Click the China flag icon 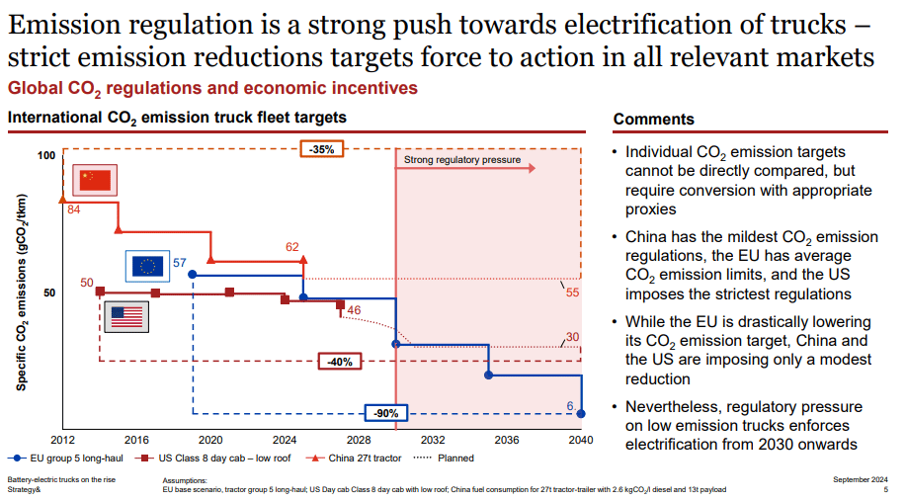tap(96, 180)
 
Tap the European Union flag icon tap(148, 266)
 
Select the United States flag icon tap(125, 316)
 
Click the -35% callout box tap(322, 149)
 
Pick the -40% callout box tap(339, 362)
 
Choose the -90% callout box tap(385, 413)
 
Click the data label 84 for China tap(74, 209)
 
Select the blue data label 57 tap(180, 262)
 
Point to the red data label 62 tap(291, 247)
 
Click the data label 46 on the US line tap(354, 311)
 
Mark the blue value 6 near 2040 tap(570, 406)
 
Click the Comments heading tap(653, 119)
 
